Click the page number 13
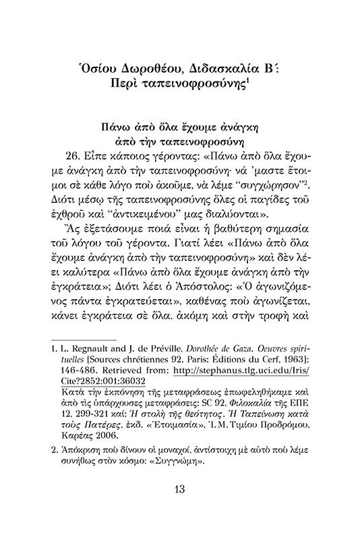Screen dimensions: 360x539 [179, 507]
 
